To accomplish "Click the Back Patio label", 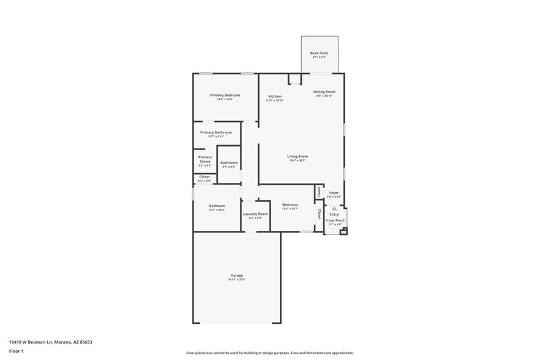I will [319, 53].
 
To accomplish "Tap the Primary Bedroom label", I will [225, 96].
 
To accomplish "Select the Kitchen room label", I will [275, 97].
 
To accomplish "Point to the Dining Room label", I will [324, 92].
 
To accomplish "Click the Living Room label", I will [298, 156].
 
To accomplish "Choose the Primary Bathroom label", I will [216, 132].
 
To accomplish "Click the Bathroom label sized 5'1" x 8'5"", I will [229, 163].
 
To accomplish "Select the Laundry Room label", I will [255, 214].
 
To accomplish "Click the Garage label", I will [237, 276].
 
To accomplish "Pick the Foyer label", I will [334, 193].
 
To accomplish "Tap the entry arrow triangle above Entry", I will [334, 208].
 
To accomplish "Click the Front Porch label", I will [335, 220].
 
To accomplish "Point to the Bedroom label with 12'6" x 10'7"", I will [290, 204].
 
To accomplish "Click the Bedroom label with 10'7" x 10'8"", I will [217, 206].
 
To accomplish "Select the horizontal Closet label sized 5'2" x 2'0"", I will [204, 177].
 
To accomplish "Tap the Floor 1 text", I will [16, 351].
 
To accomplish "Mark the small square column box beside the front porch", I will [343, 231].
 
